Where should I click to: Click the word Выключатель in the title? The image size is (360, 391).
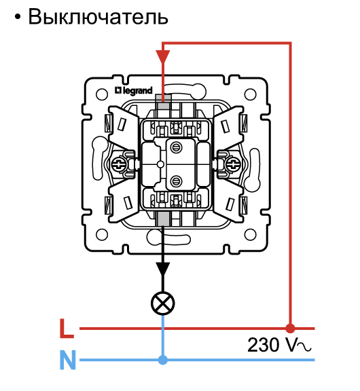(98, 17)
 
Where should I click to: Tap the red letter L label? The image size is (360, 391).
(67, 329)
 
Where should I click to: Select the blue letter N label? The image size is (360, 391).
(68, 360)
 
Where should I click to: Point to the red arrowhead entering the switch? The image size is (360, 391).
(163, 56)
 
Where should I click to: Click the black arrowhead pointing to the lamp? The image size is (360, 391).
(163, 269)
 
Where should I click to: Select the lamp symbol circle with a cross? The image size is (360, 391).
(163, 303)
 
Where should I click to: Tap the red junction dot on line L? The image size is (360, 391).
(290, 329)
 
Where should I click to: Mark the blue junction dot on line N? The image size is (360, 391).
(163, 360)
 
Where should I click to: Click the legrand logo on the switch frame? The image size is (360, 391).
(134, 90)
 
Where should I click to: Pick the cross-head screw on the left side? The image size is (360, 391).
(118, 164)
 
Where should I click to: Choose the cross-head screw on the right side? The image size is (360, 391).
(233, 164)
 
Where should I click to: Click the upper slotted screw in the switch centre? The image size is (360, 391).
(176, 148)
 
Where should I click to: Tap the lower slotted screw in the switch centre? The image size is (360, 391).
(176, 181)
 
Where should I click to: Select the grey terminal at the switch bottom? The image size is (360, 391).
(164, 219)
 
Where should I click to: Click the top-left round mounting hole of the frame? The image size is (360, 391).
(102, 94)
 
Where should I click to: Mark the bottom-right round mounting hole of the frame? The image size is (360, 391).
(250, 234)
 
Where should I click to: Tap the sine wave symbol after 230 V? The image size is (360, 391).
(304, 346)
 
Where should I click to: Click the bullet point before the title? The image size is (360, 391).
(18, 17)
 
